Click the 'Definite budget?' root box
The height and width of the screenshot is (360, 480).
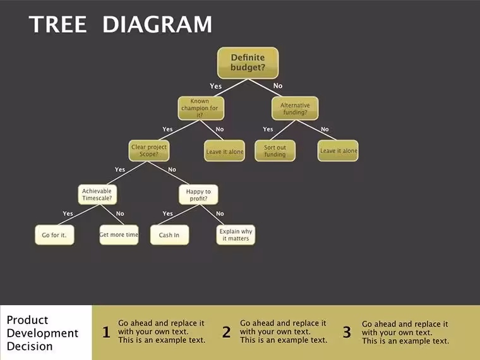tap(248, 63)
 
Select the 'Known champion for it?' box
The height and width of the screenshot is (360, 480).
tap(201, 108)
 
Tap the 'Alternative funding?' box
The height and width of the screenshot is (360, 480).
tap(295, 109)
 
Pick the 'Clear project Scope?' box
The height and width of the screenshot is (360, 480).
tap(149, 150)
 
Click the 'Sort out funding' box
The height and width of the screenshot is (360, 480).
tap(275, 150)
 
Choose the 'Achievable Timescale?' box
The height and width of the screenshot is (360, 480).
tap(97, 195)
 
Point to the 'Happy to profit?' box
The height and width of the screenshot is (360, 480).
tap(198, 195)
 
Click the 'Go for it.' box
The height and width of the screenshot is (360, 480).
tap(54, 235)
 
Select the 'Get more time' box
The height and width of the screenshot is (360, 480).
tap(119, 235)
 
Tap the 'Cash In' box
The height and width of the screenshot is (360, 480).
tap(169, 235)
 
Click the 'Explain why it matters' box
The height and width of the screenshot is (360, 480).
tap(236, 235)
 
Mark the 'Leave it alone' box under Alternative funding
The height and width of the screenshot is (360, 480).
tap(338, 150)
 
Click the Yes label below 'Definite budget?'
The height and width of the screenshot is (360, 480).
tap(216, 86)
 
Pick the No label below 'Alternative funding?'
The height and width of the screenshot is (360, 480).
tap(325, 129)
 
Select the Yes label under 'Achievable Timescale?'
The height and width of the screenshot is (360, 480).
tap(68, 213)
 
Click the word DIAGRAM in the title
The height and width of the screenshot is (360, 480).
tap(157, 24)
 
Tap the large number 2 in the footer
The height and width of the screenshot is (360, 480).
tap(227, 332)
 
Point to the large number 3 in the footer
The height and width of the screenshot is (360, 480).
tap(347, 332)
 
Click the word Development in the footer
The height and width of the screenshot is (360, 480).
tap(42, 333)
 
